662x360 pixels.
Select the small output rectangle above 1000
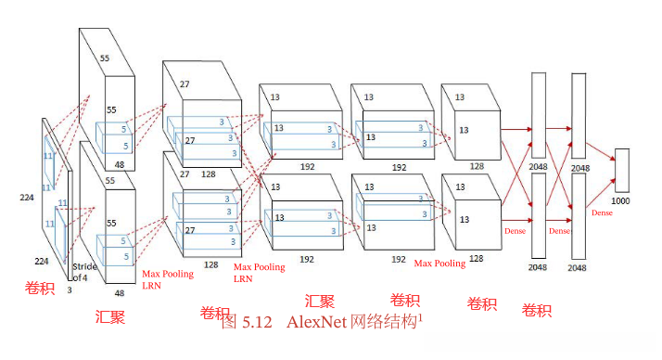(x=622, y=170)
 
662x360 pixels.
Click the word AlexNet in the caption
(x=315, y=323)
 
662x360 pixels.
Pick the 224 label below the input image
(x=42, y=262)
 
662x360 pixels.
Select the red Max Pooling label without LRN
(x=439, y=263)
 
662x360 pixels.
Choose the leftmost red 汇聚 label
(x=110, y=317)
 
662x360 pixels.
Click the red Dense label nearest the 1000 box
(x=603, y=212)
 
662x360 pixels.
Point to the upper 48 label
(x=119, y=165)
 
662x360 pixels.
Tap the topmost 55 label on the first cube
(x=104, y=58)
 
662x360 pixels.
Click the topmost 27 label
(x=185, y=84)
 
